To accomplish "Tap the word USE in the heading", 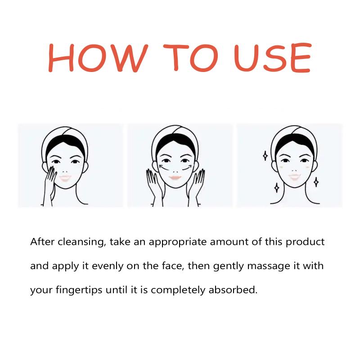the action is point(273,58).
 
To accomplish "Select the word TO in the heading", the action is point(190,58).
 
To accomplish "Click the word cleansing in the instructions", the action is point(82,242).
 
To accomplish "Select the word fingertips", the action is point(79,290).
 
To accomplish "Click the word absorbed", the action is point(233,290).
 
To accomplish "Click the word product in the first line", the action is point(305,242).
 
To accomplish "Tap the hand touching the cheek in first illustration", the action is point(49,184).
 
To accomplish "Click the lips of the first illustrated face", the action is point(65,178).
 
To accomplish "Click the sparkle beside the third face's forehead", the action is point(265,156).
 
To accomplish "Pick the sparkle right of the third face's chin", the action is point(316,182).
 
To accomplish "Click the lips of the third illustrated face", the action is point(295,177).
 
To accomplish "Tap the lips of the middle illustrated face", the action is point(175,177).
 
